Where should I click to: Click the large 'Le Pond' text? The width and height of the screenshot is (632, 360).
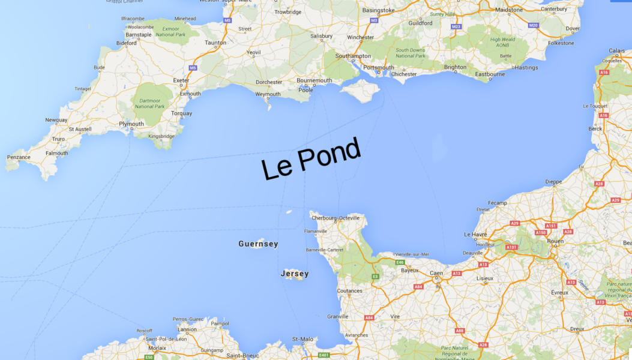pyautogui.click(x=311, y=159)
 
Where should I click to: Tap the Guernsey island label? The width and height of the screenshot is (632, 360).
pyautogui.click(x=258, y=244)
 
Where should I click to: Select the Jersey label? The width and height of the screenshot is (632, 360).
pyautogui.click(x=295, y=274)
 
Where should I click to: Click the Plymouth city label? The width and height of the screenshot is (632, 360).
pyautogui.click(x=131, y=124)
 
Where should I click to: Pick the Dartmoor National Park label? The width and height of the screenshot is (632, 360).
pyautogui.click(x=149, y=103)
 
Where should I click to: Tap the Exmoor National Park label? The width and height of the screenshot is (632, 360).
pyautogui.click(x=170, y=31)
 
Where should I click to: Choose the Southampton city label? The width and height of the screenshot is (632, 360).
pyautogui.click(x=353, y=56)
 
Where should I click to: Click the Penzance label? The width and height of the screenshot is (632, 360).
pyautogui.click(x=19, y=157)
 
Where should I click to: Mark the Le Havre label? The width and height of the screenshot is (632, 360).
pyautogui.click(x=475, y=234)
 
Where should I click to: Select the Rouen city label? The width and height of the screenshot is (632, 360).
pyautogui.click(x=556, y=241)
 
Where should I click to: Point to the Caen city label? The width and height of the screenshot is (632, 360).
pyautogui.click(x=436, y=274)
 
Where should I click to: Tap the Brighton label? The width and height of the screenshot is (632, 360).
pyautogui.click(x=455, y=67)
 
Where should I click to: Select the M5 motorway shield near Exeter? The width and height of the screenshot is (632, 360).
pyautogui.click(x=193, y=68)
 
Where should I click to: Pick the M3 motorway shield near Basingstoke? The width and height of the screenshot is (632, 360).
pyautogui.click(x=374, y=20)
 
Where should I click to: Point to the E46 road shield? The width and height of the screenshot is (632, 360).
pyautogui.click(x=400, y=262)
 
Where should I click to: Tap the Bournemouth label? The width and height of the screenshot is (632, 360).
pyautogui.click(x=314, y=80)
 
